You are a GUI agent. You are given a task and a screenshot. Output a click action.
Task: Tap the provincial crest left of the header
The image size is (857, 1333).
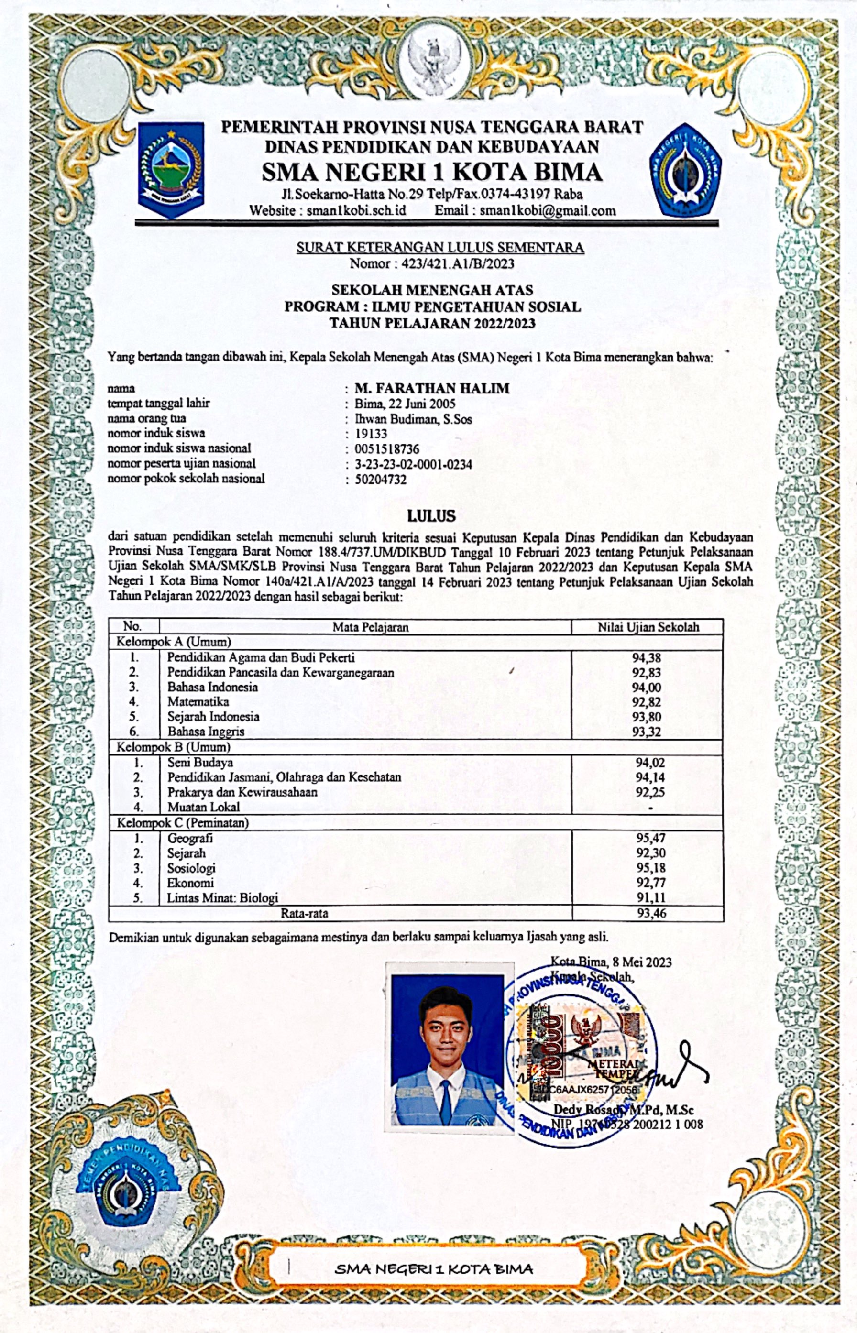coord(171,170)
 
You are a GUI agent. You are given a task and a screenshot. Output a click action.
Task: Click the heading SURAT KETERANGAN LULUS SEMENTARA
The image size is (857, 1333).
coord(439,248)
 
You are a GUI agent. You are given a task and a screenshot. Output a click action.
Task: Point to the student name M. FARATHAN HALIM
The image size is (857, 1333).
coord(432,388)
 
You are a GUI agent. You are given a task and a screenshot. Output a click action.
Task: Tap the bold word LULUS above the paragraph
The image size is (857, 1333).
coord(431,516)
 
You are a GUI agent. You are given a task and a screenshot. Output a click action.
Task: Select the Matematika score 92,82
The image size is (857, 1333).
coord(647,702)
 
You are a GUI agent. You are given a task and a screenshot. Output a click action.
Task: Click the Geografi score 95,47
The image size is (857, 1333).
coord(650,838)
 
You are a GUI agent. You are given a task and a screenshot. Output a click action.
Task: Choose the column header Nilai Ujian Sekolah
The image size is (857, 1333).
coord(648,627)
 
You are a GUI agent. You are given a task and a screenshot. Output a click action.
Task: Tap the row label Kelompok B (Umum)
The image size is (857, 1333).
coord(173,747)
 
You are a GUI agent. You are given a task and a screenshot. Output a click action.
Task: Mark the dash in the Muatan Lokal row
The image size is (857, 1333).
coord(650,808)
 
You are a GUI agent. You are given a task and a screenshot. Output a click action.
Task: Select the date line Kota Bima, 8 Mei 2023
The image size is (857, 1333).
coord(611,962)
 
